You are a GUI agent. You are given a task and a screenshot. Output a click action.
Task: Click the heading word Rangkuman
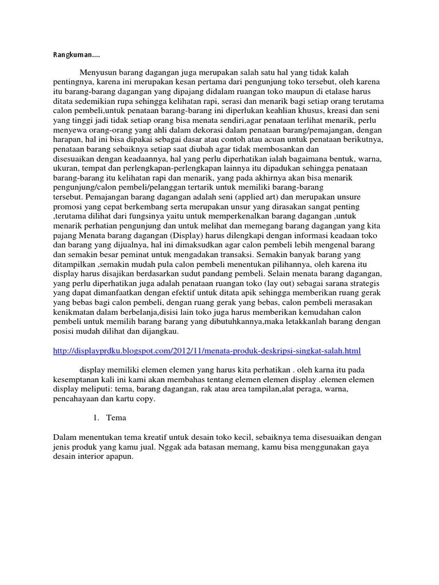pos(67,55)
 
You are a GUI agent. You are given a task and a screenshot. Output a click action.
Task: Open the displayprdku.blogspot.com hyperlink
pos(206,350)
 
